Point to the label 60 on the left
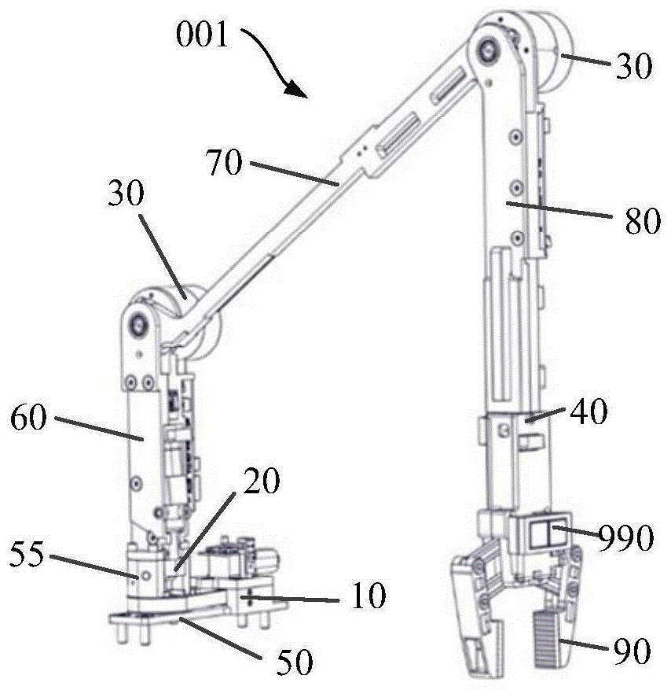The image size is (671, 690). tap(29, 418)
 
